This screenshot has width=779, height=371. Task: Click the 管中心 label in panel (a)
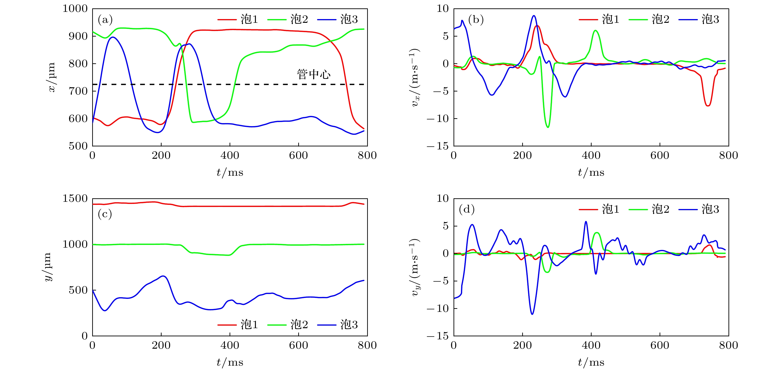[314, 74]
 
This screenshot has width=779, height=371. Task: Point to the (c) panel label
[105, 214]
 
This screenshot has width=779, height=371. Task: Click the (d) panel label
[467, 209]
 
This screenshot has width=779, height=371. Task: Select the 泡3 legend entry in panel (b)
[699, 19]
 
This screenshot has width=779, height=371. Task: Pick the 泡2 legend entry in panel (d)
[649, 209]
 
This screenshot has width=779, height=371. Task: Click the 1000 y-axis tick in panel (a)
[75, 9]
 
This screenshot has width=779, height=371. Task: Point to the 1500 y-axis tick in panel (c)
[75, 199]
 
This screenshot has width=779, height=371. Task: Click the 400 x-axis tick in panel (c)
[230, 345]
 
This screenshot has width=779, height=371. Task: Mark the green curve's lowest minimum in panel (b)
[548, 127]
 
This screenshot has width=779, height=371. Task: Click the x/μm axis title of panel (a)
[52, 77]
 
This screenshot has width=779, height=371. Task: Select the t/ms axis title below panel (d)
[591, 362]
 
